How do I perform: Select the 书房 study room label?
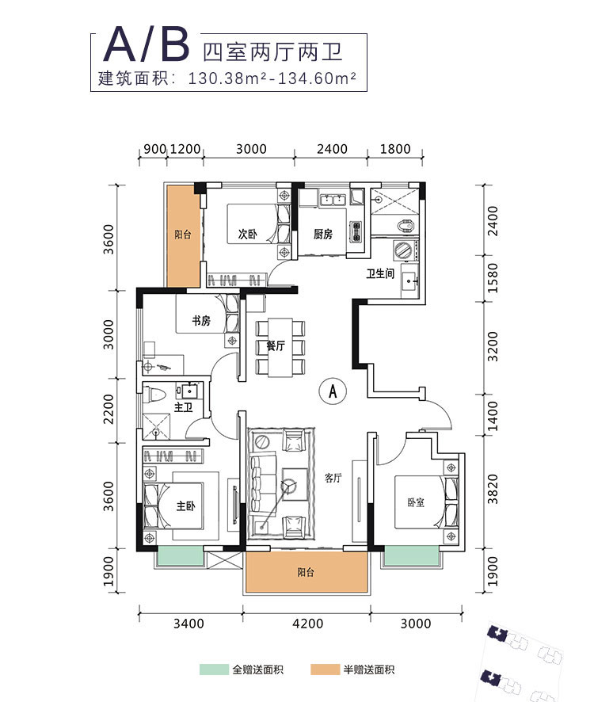[x=200, y=321]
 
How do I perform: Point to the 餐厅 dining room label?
[x=275, y=346]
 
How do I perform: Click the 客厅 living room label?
[x=333, y=478]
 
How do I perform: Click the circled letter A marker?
[x=333, y=391]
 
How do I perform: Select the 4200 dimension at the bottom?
[x=307, y=624]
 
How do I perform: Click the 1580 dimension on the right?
[x=493, y=277]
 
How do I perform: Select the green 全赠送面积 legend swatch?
[x=214, y=670]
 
